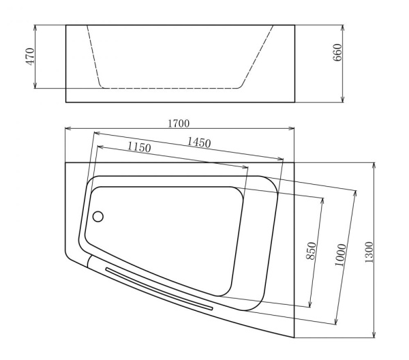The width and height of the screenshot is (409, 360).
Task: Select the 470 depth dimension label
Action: coord(29,56)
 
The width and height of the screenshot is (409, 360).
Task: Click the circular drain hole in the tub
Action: coord(97,217)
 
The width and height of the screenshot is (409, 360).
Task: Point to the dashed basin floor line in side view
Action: coord(170,88)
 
